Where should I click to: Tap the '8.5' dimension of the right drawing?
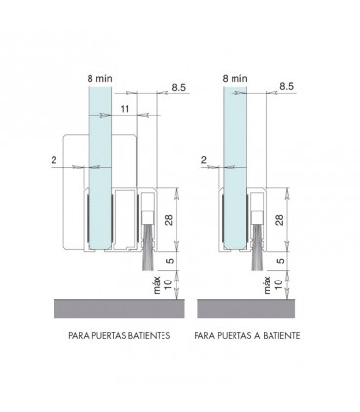click(288, 87)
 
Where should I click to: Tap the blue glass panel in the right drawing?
click(234, 146)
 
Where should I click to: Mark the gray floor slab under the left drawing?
click(112, 310)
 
